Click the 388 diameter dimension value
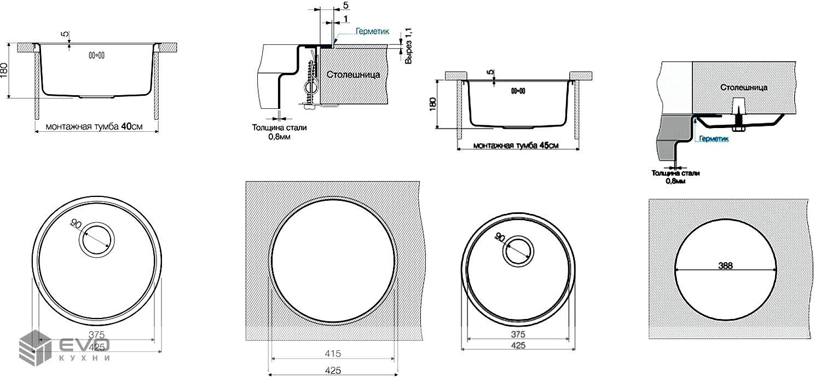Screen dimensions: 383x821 [726, 265]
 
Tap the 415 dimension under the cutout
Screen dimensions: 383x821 [333, 353]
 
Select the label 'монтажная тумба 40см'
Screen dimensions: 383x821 [94, 126]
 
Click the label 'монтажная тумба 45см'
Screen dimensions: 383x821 [516, 146]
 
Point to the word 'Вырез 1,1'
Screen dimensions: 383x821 [408, 47]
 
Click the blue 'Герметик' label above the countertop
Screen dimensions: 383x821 [372, 32]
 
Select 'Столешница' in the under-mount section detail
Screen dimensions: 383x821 [744, 87]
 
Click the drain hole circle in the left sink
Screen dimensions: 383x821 [97, 240]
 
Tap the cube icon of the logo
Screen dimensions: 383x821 [33, 346]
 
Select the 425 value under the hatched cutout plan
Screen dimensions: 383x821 [333, 370]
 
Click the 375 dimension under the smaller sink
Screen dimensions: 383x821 [518, 334]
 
